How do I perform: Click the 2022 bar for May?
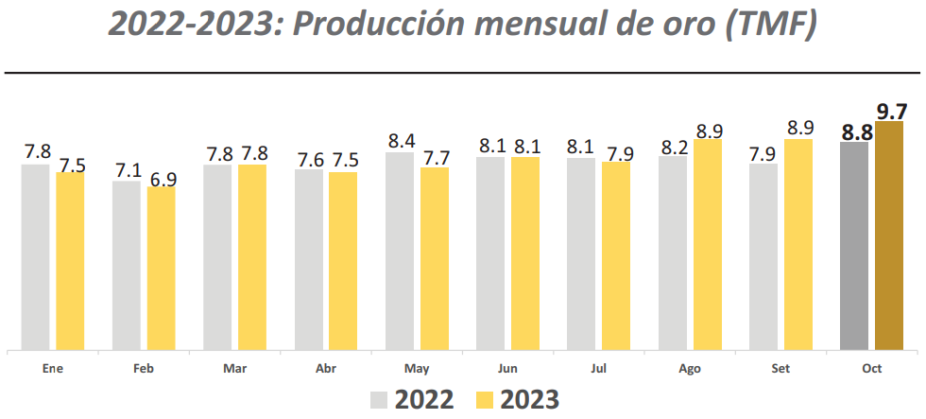click(400, 251)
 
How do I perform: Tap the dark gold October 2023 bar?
click(889, 236)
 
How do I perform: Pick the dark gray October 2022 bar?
click(854, 246)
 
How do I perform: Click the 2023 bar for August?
click(708, 244)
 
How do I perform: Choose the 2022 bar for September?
click(763, 256)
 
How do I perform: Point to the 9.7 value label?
click(892, 111)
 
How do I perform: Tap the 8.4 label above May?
click(402, 141)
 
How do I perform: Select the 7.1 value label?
click(128, 170)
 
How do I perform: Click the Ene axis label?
click(53, 369)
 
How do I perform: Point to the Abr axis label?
click(326, 369)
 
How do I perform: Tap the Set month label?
click(781, 369)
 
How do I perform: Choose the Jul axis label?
click(599, 369)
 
